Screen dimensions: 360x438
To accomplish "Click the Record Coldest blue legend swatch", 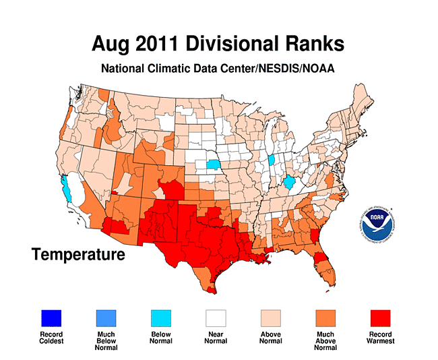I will (51, 317).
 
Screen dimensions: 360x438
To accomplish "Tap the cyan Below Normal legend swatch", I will (160, 317).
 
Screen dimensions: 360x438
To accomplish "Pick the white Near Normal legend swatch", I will (216, 317).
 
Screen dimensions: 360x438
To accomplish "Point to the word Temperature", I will (78, 255).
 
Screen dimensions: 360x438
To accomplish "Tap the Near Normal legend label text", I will (216, 338).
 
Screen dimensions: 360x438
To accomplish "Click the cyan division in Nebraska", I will (213, 164).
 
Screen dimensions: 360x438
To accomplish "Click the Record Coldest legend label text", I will (51, 338).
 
